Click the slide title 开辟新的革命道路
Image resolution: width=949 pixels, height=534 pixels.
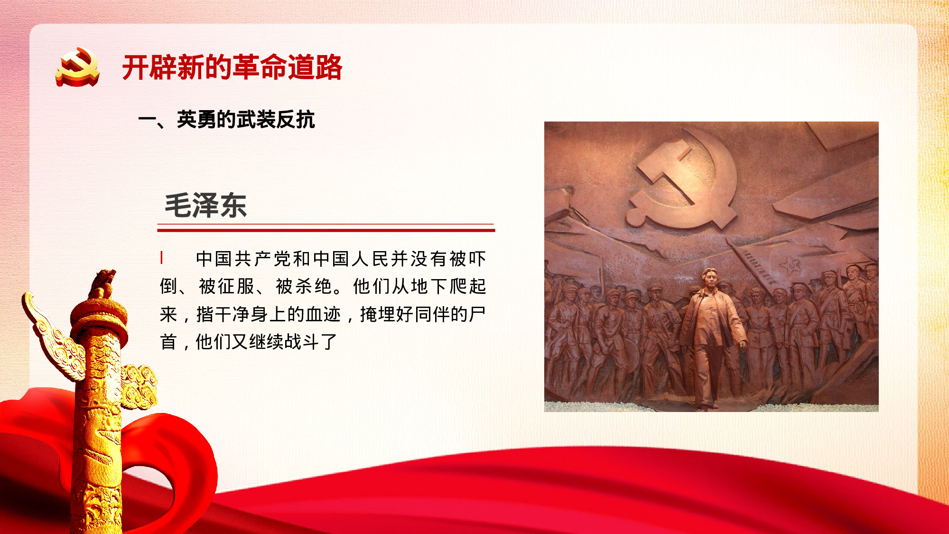click(x=232, y=67)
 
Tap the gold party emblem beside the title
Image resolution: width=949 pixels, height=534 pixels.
click(x=77, y=67)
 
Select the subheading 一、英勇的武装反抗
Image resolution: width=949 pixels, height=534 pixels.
click(x=227, y=120)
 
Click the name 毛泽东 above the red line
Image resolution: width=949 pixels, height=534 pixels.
click(x=205, y=206)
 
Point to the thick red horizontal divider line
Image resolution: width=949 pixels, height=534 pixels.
click(x=326, y=230)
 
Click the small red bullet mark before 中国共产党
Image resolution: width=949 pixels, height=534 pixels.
click(x=162, y=258)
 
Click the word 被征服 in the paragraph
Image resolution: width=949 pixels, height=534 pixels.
click(x=227, y=287)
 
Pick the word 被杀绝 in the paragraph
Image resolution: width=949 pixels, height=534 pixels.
click(x=304, y=287)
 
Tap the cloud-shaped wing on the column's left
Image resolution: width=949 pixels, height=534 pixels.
click(x=52, y=337)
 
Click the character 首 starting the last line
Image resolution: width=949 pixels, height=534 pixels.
click(x=168, y=342)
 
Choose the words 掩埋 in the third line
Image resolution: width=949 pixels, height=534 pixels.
click(x=378, y=314)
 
